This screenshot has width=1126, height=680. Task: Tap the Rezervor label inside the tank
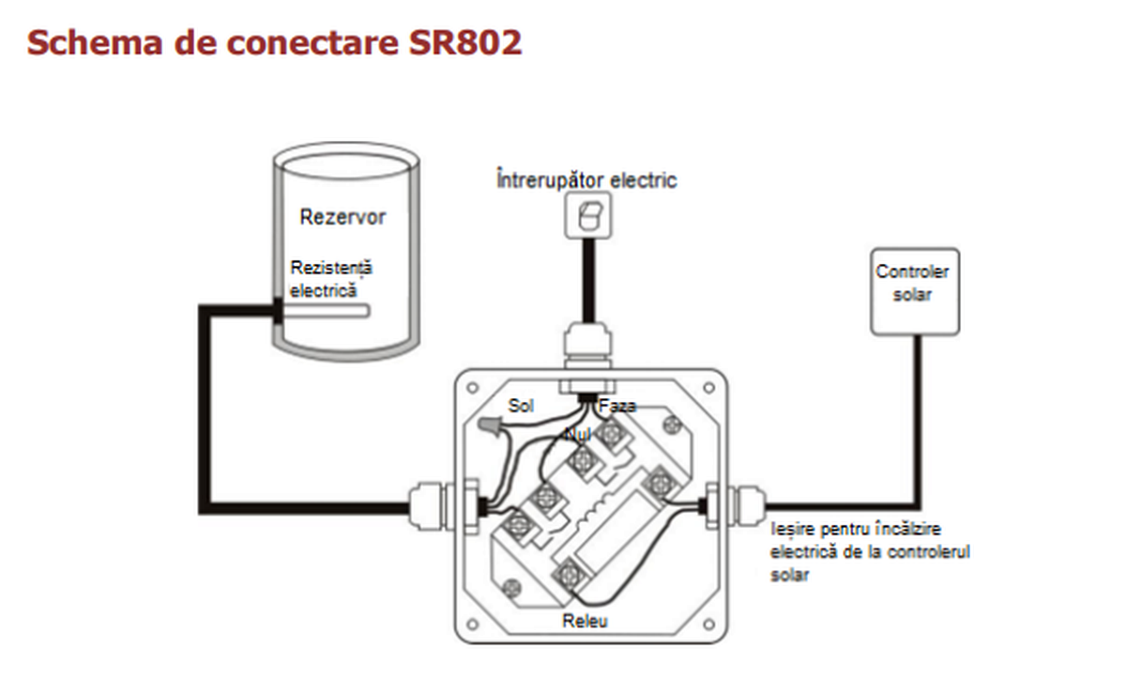[342, 217]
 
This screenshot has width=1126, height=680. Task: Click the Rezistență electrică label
[330, 278]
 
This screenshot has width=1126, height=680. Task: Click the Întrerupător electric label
[586, 179]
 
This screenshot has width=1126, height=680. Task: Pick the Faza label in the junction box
[617, 406]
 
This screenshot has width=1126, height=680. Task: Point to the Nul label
[577, 434]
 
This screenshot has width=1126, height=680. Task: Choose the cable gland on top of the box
[588, 347]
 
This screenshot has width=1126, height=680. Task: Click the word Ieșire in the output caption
[789, 530]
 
